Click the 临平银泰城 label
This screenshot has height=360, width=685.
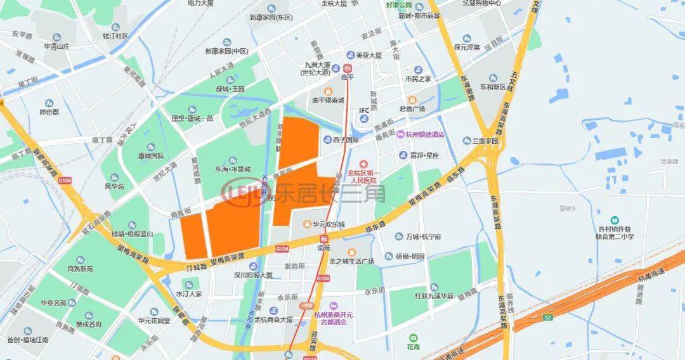click(x=328, y=100)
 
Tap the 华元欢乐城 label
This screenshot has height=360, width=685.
click(x=327, y=224)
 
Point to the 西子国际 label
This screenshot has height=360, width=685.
click(x=346, y=140)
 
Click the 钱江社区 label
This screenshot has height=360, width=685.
click(x=116, y=36)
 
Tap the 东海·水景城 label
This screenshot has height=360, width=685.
click(x=233, y=169)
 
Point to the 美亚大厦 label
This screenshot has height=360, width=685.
click(x=369, y=56)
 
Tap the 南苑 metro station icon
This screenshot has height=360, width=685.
click(x=324, y=239)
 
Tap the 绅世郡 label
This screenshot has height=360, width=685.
click(x=49, y=112)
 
